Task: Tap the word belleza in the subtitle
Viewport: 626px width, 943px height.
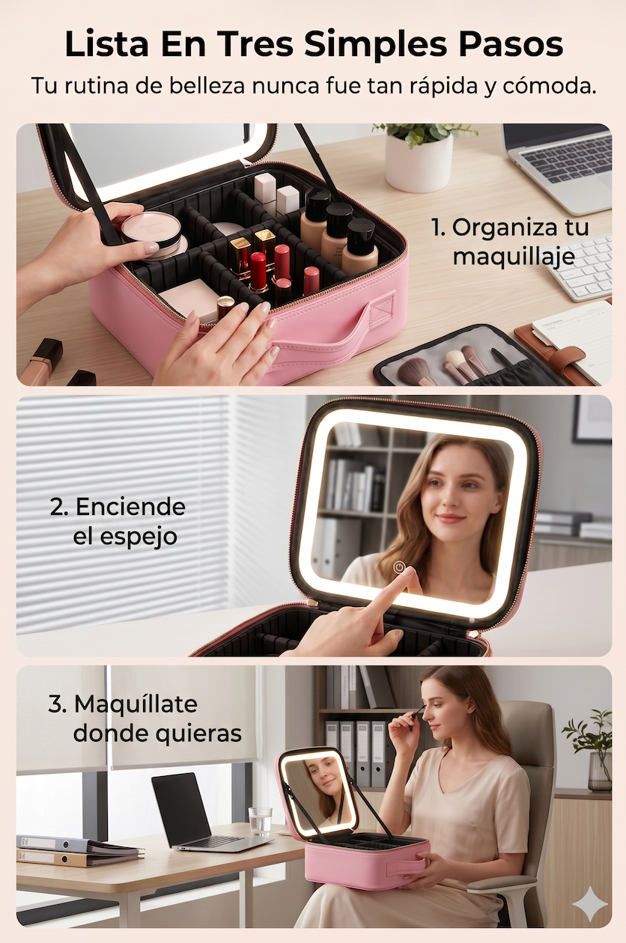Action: [207, 86]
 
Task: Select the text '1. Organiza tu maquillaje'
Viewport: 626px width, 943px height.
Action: [511, 242]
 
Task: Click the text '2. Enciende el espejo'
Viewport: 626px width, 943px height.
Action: [118, 521]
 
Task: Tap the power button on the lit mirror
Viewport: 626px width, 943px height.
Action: [398, 567]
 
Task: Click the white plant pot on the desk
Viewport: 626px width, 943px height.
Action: [419, 163]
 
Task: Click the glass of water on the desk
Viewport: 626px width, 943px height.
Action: [260, 820]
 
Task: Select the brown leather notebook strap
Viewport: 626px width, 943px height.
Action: [565, 354]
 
